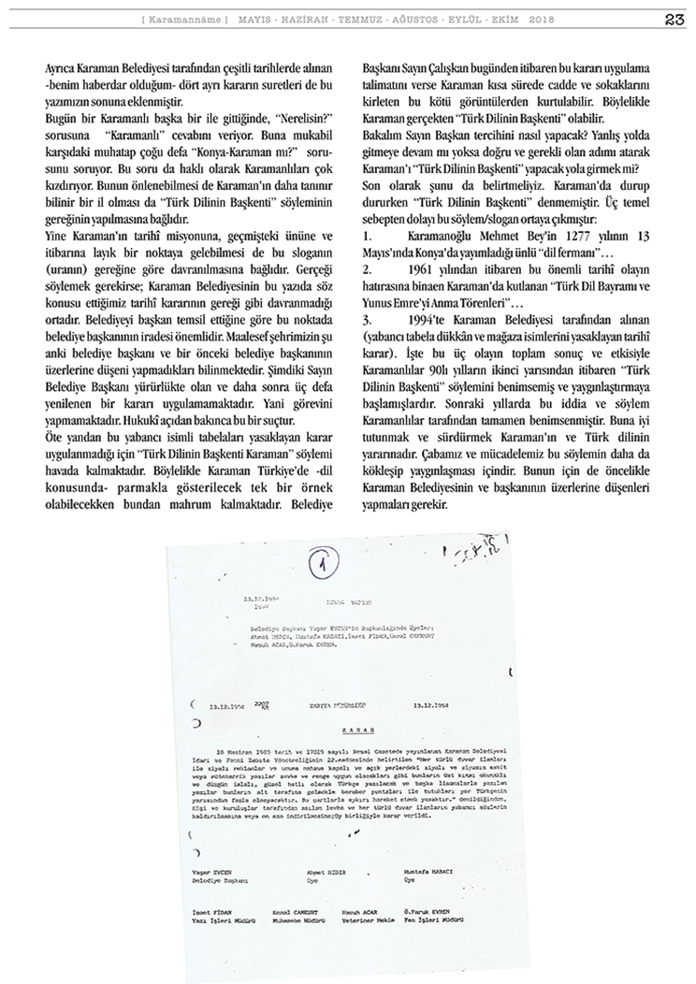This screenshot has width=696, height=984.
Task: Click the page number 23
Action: (676, 18)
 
